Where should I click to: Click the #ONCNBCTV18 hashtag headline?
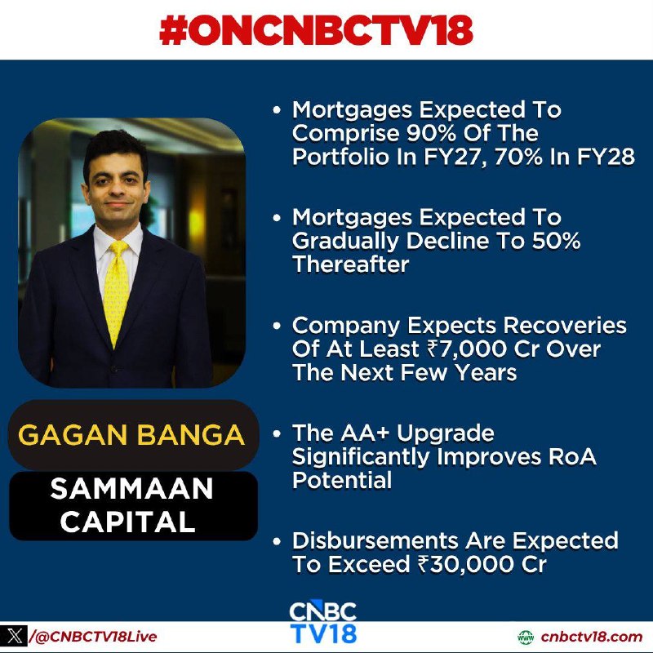click(x=316, y=30)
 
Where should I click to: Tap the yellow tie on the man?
click(x=116, y=291)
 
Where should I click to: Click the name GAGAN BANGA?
click(x=131, y=436)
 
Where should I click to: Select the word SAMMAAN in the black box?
click(x=131, y=489)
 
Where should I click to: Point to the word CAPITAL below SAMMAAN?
click(x=128, y=522)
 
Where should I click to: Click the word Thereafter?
click(x=351, y=264)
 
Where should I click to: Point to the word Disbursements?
click(x=375, y=541)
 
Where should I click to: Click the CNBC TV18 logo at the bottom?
click(x=323, y=622)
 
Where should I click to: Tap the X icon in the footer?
click(x=15, y=636)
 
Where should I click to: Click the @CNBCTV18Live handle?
click(x=93, y=637)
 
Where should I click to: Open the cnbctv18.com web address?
click(x=592, y=637)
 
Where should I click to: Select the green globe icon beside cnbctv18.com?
click(x=526, y=637)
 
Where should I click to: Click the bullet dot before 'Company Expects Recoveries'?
click(x=277, y=326)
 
